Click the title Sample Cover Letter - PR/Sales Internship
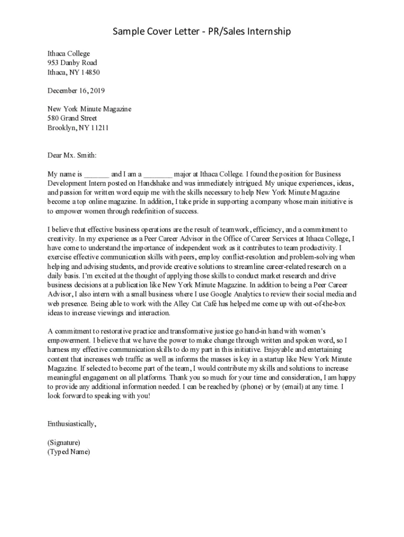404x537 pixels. tap(202, 33)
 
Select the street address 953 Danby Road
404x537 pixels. tap(72, 63)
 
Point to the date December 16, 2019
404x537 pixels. tap(76, 91)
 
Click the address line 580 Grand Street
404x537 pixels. tap(72, 118)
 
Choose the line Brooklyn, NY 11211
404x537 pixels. tap(78, 127)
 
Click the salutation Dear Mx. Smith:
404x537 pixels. tap(72, 155)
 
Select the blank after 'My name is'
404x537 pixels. tap(97, 174)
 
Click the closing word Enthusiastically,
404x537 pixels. tap(72, 423)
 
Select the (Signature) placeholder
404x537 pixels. tap(63, 442)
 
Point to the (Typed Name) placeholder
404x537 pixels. tap(68, 452)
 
